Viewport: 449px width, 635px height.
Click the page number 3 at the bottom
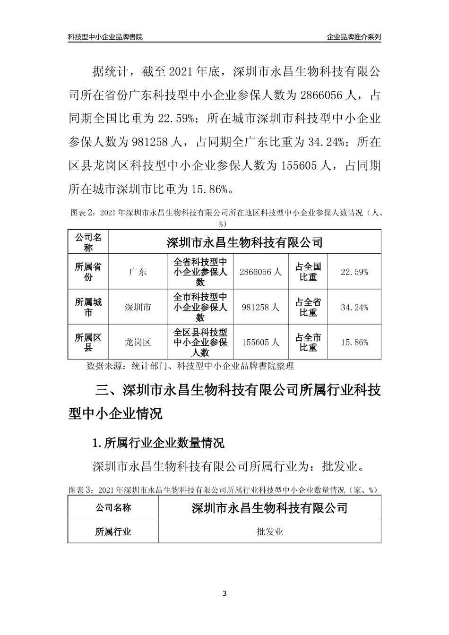224,593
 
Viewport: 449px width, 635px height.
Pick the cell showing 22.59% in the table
354,272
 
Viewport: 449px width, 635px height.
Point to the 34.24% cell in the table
354,307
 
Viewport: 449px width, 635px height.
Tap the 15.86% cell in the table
354,342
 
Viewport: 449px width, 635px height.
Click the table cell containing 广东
138,272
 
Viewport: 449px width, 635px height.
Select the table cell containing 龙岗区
138,342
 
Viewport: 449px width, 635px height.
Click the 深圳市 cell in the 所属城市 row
138,307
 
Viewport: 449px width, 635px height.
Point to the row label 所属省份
88,272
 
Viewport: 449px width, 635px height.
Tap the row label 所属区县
88,342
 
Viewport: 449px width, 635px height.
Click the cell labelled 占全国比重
308,272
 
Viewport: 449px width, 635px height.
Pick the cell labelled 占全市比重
308,342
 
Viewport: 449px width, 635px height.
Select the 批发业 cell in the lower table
269,532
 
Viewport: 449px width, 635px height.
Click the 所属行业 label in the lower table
113,532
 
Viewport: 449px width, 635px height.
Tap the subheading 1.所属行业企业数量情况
158,443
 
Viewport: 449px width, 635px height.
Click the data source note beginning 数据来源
190,366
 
